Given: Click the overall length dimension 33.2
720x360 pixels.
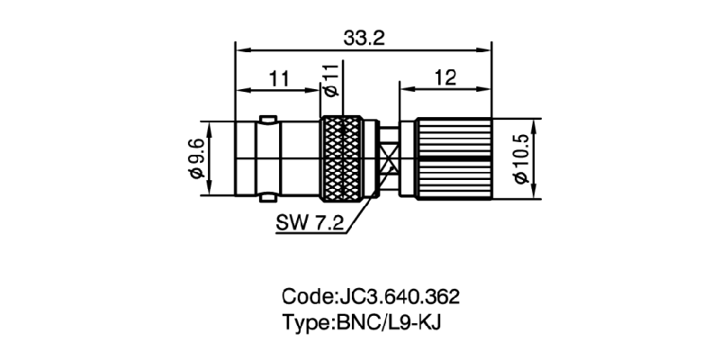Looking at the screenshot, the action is point(364,39).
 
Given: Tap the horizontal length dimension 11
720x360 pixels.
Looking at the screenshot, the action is point(279,79).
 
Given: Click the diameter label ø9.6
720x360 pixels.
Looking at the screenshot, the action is point(196,159).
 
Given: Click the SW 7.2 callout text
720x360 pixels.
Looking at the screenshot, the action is point(310,223).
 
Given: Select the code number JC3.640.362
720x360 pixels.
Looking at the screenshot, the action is point(399,297).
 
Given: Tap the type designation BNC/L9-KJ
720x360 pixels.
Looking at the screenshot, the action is point(389,323).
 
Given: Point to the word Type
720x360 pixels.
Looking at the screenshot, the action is point(306,323).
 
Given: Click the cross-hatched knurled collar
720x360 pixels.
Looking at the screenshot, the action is point(342,159).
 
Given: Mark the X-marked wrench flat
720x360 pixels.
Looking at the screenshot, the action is point(389,159).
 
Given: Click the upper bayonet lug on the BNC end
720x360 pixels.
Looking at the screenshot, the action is point(267,120).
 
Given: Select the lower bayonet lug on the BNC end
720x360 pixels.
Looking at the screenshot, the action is point(267,198).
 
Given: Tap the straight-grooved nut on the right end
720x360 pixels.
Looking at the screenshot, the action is point(454,159).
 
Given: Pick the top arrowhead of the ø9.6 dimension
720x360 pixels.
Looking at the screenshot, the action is point(210,128).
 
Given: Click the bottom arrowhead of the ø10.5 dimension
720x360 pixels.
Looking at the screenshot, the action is point(534,193).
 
